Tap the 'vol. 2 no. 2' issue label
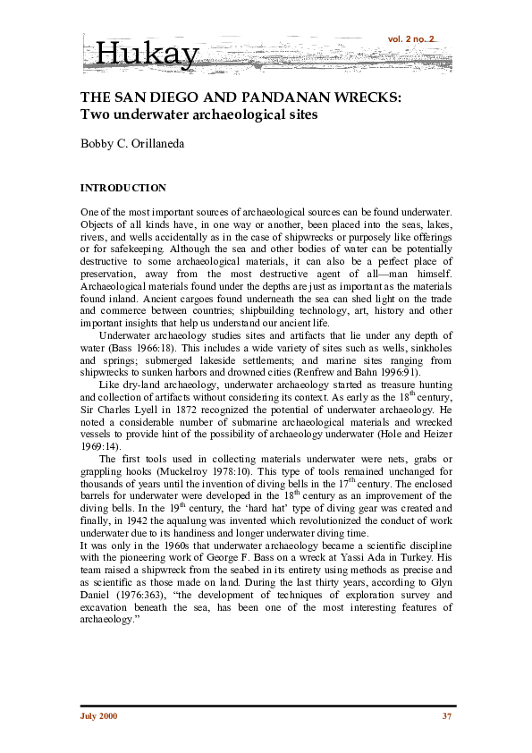click(x=411, y=39)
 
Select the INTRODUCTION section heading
click(x=123, y=189)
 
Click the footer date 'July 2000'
click(x=98, y=716)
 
